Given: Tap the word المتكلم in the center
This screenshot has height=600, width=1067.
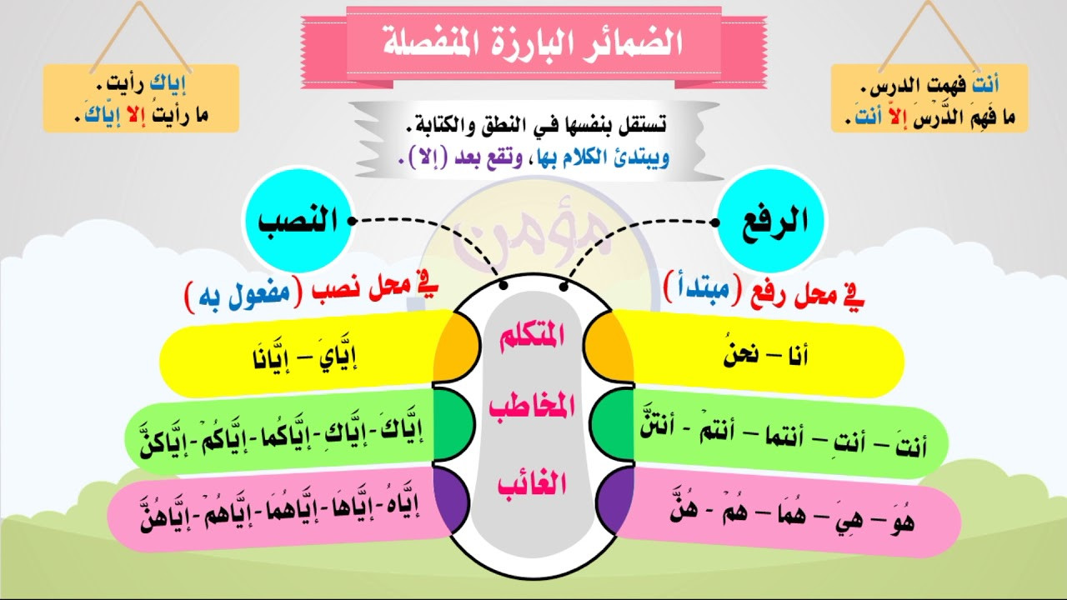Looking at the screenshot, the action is tap(532, 336).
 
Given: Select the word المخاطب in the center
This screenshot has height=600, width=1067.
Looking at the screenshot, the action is tap(532, 408).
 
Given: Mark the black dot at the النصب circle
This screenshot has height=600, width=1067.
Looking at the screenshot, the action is tap(352, 221).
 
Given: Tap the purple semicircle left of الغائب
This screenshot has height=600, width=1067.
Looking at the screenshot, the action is tap(451, 499).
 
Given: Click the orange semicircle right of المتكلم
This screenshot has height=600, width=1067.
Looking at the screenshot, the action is tap(609, 347).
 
